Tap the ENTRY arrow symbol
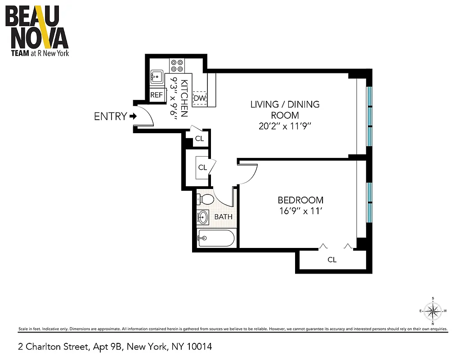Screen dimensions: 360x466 pos(133,116)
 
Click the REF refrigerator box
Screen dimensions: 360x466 pos(156,95)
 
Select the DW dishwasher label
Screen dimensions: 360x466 pos(199,98)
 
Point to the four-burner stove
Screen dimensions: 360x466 pos(176,66)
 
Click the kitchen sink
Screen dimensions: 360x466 pos(157,77)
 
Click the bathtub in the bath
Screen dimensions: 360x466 pos(216,238)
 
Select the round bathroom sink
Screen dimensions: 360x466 pos(203,217)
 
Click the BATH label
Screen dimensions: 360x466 pos(223,217)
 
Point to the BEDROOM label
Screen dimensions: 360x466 pos(300,200)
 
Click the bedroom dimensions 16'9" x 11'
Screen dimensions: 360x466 pos(300,211)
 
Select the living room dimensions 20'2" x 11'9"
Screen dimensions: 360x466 pos(285,126)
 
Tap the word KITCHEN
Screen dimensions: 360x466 pos(184,98)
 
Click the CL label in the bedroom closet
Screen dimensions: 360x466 pos(332,260)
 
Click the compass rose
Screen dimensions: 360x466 pos(433,311)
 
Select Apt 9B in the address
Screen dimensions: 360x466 pos(108,346)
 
